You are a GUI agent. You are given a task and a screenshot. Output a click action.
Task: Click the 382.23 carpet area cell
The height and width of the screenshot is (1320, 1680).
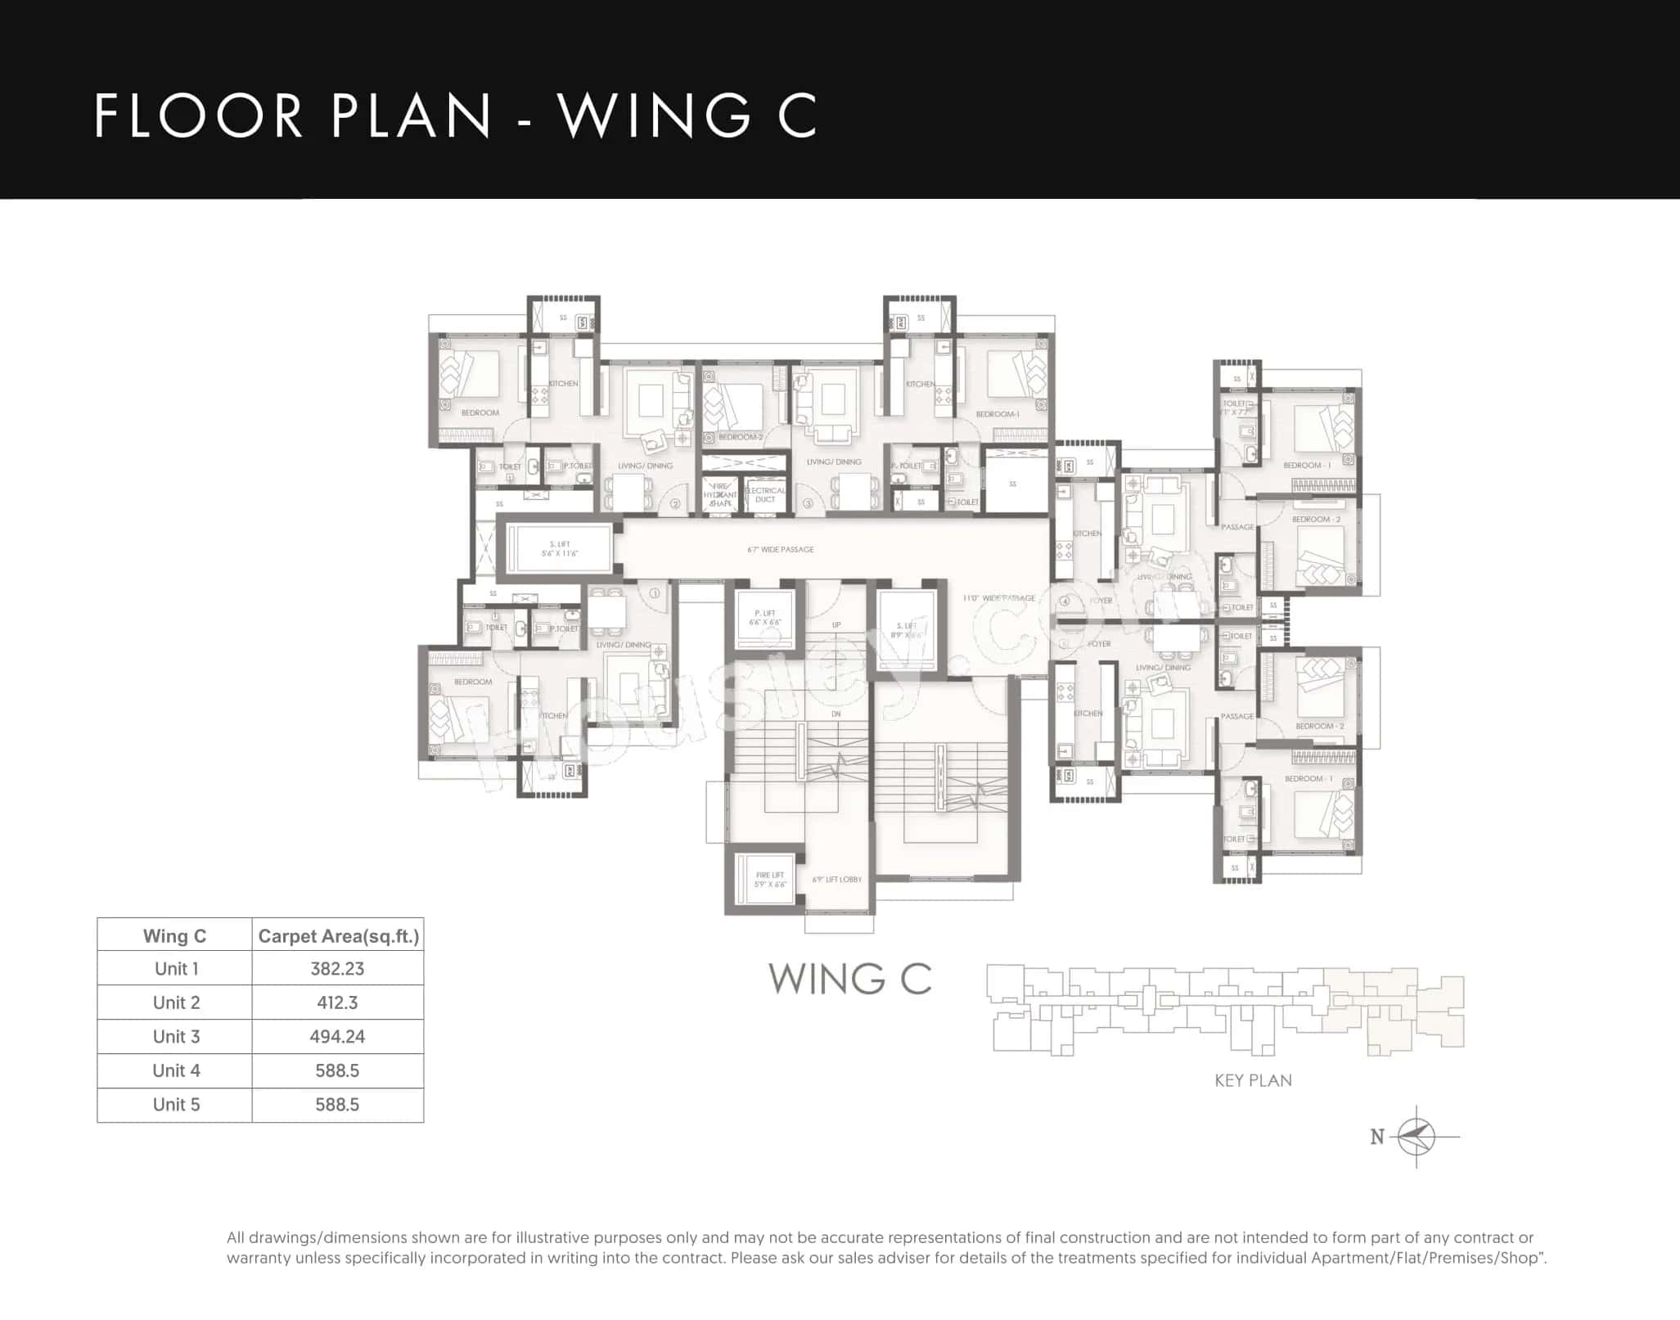337,969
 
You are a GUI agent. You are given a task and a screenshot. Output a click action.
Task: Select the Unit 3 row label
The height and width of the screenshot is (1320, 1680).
176,1037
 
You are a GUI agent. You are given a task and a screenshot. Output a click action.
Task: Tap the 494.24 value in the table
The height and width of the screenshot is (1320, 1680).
337,1037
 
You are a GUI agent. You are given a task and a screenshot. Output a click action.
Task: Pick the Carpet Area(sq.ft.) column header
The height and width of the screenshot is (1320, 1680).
338,936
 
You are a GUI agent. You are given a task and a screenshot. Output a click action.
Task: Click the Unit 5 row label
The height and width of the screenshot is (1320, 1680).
176,1105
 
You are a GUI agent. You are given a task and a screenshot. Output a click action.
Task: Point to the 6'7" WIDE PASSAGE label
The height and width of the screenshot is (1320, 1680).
780,550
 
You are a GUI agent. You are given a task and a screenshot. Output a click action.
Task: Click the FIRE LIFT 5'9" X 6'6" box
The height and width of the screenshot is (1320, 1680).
769,880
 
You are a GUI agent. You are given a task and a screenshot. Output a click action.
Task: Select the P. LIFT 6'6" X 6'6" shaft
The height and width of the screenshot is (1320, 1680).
765,618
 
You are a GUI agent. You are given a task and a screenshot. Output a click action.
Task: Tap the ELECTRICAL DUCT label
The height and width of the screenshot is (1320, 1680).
765,495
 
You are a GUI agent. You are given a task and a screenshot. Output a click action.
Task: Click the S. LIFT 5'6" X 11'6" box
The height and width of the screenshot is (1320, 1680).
560,549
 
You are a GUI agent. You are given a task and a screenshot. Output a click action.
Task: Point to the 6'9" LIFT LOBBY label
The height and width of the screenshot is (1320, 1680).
836,880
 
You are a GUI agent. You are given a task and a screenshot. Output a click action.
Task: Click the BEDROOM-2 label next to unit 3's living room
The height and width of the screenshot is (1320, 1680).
741,437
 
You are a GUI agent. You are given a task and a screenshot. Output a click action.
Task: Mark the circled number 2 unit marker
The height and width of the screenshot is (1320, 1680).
675,504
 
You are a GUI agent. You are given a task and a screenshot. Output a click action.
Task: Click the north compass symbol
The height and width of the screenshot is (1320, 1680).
1417,1137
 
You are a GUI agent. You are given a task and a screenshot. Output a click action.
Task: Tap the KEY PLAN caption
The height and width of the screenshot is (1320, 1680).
1253,1080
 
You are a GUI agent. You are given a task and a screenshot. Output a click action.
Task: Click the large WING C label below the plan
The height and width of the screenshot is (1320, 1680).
849,979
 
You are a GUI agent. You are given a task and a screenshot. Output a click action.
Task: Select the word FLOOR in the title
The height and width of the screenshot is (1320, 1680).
199,115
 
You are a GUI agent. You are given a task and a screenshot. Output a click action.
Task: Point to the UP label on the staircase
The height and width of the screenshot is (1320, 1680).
836,625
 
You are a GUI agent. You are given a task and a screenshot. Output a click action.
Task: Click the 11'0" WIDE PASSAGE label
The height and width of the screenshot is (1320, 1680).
998,598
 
